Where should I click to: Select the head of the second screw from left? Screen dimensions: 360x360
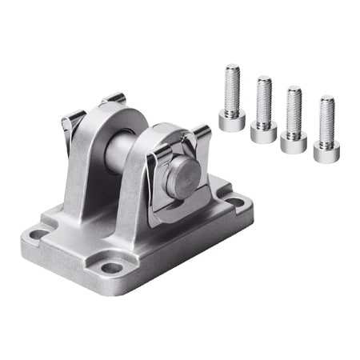(263, 132)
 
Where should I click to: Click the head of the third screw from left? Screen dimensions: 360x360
(294, 142)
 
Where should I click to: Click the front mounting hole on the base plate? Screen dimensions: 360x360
(112, 267)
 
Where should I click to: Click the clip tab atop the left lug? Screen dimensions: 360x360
(113, 99)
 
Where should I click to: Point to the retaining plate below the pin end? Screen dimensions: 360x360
(184, 204)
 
